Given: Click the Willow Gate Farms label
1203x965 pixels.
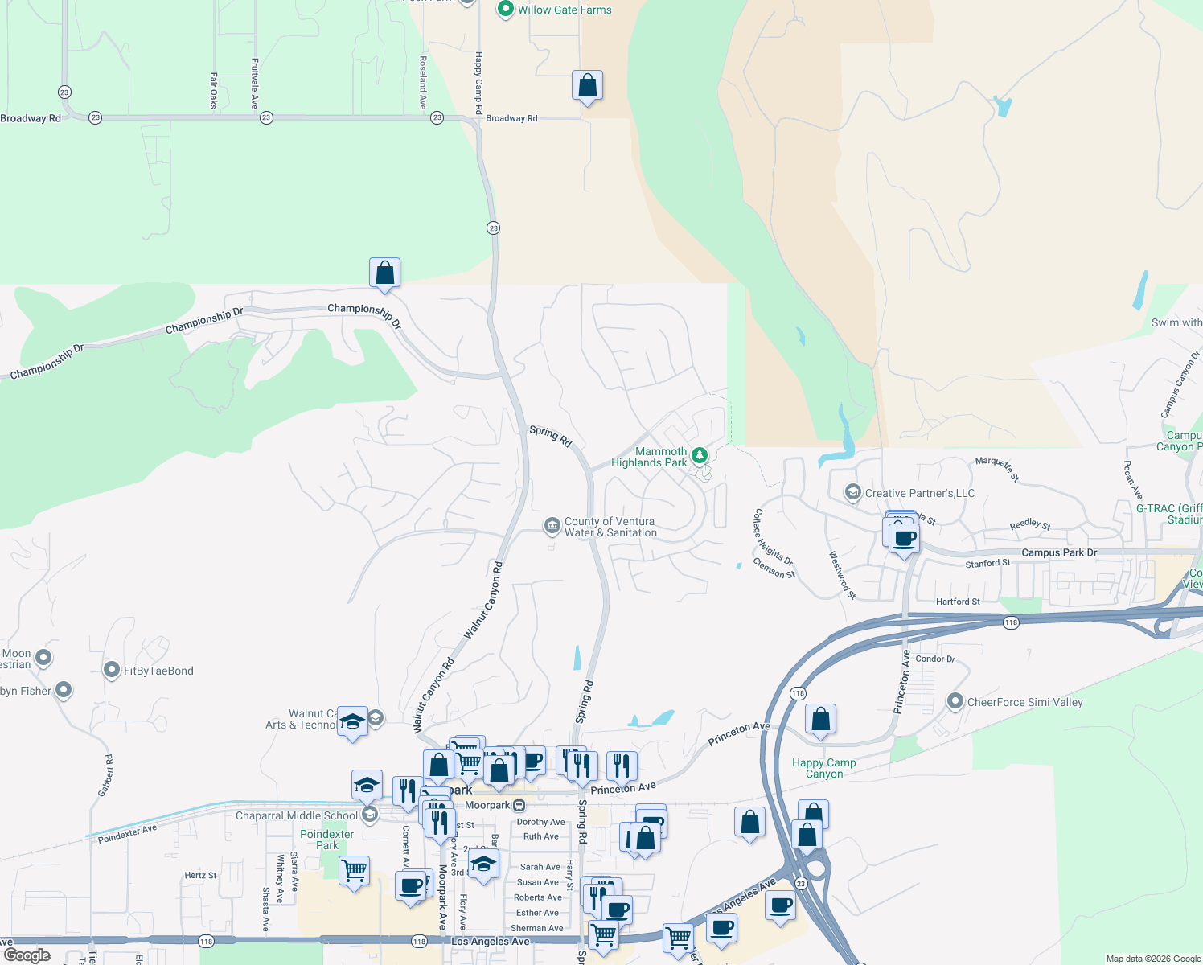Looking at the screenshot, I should coord(564,10).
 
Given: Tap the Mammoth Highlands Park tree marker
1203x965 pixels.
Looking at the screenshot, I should coord(700,456).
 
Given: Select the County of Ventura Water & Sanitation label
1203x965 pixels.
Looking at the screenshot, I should coord(610,528).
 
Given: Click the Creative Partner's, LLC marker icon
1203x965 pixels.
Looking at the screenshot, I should coord(852,492).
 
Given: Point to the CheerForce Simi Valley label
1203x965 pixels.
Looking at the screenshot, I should coord(1024,702).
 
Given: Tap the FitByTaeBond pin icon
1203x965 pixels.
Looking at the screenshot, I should coord(113,670).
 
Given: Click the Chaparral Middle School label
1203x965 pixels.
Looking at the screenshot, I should coord(296,815).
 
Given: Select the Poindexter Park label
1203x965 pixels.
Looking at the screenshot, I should coord(326,840).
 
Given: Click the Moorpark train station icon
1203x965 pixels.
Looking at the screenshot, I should coord(519,805).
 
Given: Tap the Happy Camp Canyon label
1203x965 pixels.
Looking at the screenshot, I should coord(823,768).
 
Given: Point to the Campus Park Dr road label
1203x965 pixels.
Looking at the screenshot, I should coord(1058,552).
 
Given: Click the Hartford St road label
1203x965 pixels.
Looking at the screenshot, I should coord(958,602).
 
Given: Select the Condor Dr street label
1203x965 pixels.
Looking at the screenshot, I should coord(935,659).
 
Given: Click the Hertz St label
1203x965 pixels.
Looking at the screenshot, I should coord(200,875).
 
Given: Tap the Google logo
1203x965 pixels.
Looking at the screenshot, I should coord(27,955).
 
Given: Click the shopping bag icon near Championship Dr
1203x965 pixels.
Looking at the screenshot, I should coord(385,273).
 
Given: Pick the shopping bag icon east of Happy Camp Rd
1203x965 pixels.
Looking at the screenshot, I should coord(587,85).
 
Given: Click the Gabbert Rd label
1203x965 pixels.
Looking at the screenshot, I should coord(105,776).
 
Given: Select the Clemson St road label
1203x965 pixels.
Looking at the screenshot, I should coord(774,570).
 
